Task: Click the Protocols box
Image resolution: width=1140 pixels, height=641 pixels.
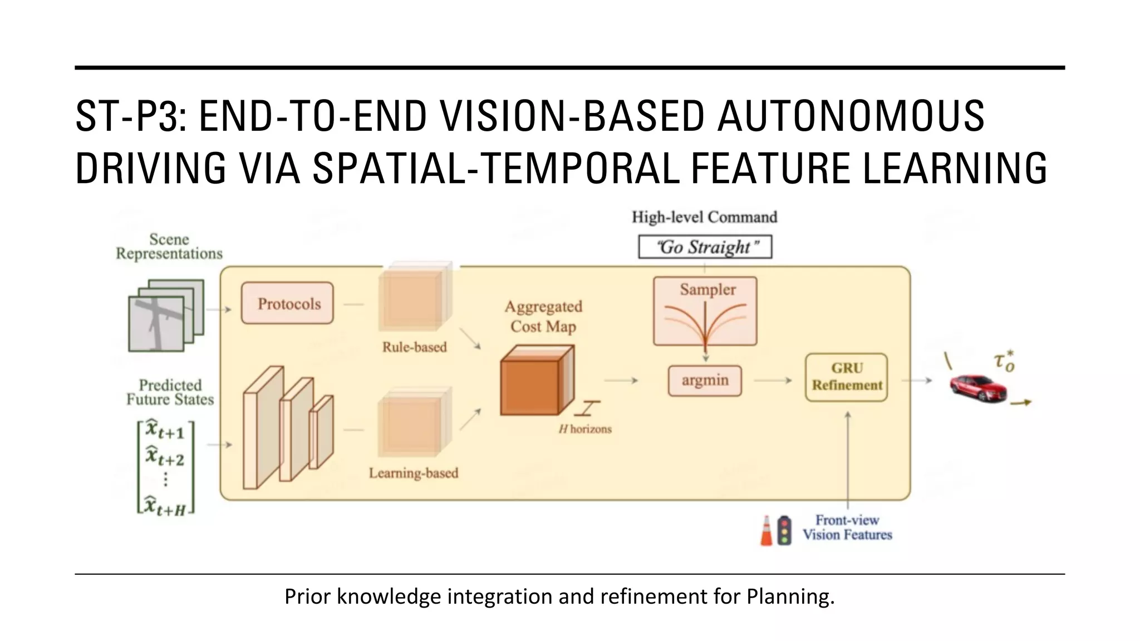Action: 287,303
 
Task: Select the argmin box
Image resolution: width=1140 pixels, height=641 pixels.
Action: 705,381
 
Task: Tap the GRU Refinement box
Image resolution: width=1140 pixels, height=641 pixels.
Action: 846,377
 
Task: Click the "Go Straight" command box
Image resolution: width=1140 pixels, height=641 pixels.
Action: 705,247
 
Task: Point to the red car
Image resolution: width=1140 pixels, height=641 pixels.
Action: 978,388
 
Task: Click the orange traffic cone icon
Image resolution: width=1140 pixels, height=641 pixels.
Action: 766,531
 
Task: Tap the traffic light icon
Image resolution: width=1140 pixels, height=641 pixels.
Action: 784,531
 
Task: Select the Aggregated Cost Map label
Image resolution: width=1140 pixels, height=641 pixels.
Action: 543,316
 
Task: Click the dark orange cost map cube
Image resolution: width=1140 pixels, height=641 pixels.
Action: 532,384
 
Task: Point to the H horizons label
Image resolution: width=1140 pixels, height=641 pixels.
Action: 585,429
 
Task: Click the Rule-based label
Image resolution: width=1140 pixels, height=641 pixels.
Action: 414,347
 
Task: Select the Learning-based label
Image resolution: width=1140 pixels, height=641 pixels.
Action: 413,473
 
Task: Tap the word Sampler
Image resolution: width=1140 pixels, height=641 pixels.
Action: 707,289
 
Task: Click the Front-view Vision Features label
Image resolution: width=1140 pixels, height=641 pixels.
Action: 847,527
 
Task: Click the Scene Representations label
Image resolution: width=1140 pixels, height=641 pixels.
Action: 169,246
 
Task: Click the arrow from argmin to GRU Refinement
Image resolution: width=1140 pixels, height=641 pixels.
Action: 773,381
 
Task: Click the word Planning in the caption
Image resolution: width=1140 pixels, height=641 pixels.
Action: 790,596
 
